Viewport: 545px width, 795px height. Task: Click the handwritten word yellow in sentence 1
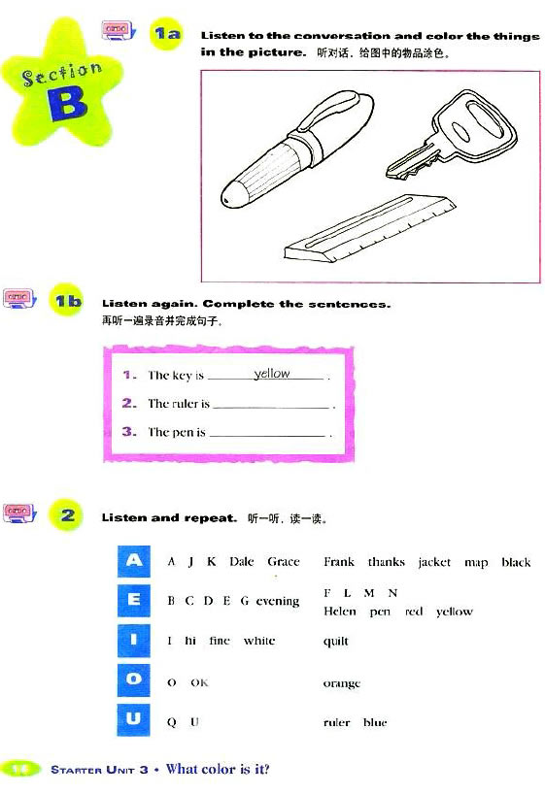point(272,374)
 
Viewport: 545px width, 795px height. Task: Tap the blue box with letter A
point(134,560)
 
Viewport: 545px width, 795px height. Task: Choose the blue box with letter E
point(134,600)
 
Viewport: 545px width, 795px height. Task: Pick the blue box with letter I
point(134,640)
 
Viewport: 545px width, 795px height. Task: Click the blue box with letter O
point(134,680)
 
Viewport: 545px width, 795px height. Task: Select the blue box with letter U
point(134,720)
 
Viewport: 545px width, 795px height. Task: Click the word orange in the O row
point(341,683)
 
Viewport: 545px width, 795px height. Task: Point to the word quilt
point(336,641)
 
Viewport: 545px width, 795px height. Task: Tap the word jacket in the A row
point(434,562)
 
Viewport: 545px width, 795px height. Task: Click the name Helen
point(340,612)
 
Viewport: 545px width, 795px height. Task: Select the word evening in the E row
point(278,601)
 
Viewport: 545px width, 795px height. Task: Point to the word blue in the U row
point(375,722)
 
